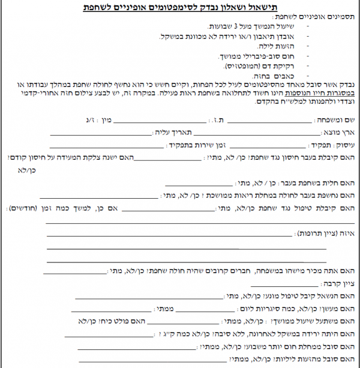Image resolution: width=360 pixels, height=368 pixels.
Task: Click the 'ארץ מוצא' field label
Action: tap(343, 132)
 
